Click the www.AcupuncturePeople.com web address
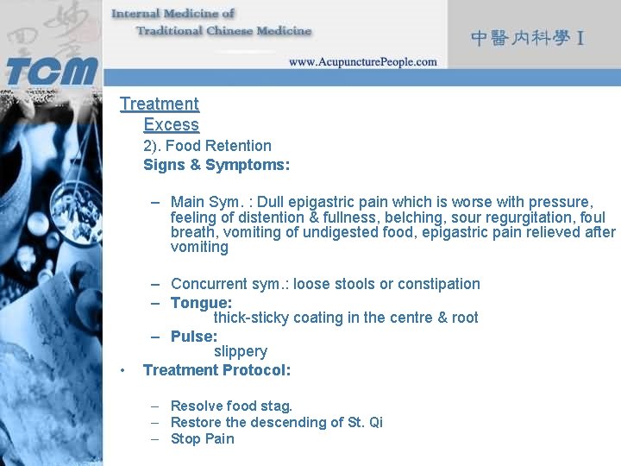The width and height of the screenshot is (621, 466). [x=362, y=62]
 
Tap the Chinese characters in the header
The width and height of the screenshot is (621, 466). [x=528, y=38]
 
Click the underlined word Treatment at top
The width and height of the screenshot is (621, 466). [x=160, y=104]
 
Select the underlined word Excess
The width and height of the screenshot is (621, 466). [x=171, y=125]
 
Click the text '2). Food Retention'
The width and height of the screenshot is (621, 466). [x=207, y=146]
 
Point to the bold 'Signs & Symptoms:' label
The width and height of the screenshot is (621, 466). [x=216, y=164]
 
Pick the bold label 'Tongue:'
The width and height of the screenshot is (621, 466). [x=201, y=303]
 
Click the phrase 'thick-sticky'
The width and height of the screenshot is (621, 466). [x=251, y=318]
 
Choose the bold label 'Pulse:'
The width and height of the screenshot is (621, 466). [x=194, y=337]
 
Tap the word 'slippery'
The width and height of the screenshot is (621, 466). [x=241, y=351]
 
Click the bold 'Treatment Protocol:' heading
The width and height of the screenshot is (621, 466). [x=216, y=370]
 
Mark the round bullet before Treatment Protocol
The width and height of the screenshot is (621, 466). [x=124, y=370]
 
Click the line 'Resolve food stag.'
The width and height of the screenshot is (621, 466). [x=231, y=406]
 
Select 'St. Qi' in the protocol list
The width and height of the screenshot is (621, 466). [x=365, y=422]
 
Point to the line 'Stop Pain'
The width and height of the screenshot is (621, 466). [x=202, y=438]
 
